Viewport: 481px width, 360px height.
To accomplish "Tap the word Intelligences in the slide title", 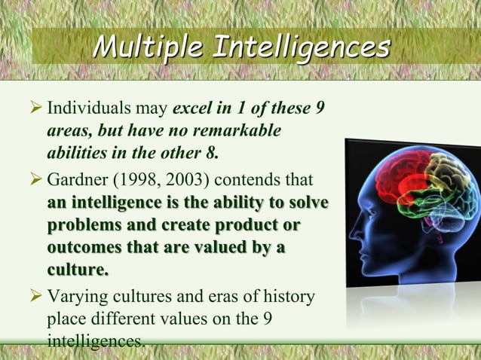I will tap(302, 47).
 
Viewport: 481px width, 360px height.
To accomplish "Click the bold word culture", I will tap(76, 269).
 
